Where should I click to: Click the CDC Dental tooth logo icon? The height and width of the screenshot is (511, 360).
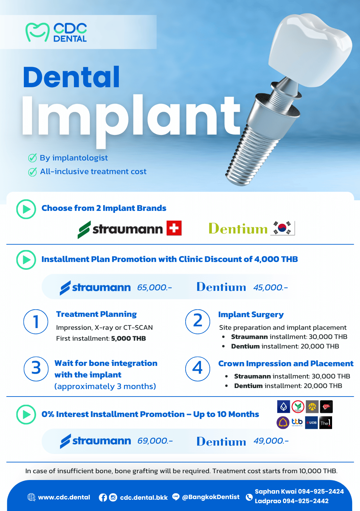37,32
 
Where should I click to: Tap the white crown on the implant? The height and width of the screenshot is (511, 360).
310,49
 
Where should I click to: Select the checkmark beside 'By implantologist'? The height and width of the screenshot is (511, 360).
32,158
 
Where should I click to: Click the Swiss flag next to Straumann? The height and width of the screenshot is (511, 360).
174,228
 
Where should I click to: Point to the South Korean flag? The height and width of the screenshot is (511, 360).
282,228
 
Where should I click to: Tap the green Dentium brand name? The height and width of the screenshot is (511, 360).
238,228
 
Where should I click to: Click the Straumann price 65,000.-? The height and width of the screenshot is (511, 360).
154,288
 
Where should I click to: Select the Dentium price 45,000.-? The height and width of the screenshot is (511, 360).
270,288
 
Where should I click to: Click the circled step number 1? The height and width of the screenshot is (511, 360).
36,322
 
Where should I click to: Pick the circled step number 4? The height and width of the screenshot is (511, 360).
198,369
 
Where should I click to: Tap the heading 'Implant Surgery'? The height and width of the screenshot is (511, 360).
251,314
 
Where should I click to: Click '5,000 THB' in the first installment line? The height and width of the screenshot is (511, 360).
128,338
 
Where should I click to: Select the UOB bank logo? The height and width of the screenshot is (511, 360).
311,422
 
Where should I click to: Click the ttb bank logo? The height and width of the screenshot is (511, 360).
297,422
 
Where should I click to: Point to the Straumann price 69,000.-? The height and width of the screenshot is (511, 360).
155,441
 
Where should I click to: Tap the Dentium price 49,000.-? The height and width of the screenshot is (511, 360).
271,441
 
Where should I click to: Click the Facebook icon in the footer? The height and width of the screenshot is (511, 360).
103,497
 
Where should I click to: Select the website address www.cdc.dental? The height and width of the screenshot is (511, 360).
64,497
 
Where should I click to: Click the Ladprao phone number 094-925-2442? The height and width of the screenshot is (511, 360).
306,501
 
